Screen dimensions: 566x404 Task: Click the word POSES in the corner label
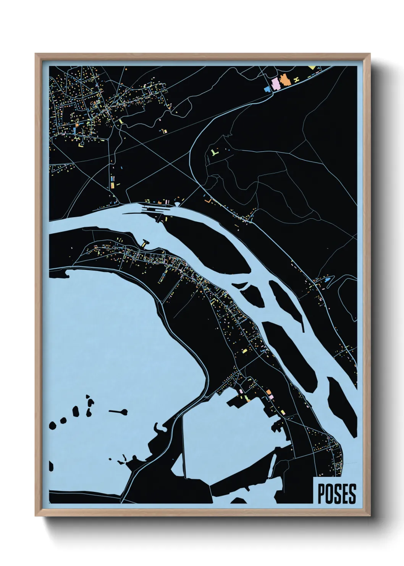tap(336, 494)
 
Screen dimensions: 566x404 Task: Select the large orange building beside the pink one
tap(284, 81)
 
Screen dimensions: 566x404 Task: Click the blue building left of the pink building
tap(267, 89)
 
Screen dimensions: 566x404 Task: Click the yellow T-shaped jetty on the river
tap(145, 242)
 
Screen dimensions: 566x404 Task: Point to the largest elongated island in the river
tap(206, 245)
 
